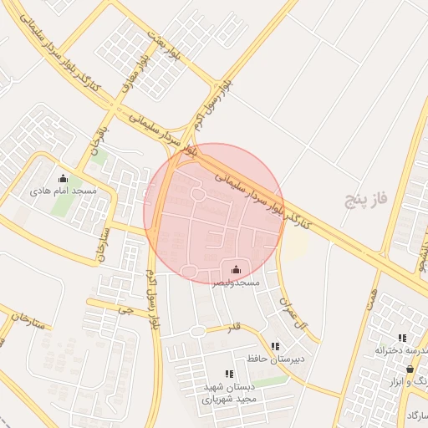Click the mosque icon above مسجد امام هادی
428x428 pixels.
[63, 178]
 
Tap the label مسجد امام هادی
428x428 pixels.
[64, 191]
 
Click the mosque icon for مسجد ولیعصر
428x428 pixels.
[236, 269]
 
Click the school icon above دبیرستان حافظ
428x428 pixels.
[276, 346]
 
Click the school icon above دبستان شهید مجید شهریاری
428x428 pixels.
[228, 374]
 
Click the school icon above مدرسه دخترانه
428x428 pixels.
[403, 339]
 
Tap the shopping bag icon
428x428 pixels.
[410, 369]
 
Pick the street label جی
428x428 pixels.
[125, 308]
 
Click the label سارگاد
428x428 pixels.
[416, 415]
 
